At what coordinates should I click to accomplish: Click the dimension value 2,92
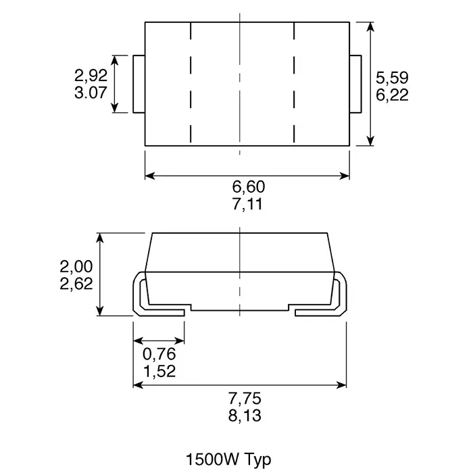91,74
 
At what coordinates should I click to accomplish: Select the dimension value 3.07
91,93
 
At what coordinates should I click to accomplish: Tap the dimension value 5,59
392,77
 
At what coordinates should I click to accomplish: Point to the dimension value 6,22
392,95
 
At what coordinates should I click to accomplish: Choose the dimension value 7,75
244,397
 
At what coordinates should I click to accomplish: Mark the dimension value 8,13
244,416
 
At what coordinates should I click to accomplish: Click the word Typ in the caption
256,460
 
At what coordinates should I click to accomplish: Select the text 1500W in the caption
209,460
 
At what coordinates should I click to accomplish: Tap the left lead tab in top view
140,84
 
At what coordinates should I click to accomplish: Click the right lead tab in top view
355,84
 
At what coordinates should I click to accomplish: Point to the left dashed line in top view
191,84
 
